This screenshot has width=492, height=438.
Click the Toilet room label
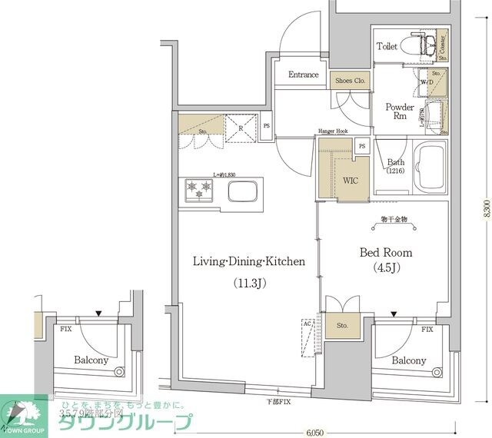click(x=387, y=46)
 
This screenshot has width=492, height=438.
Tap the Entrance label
click(x=304, y=75)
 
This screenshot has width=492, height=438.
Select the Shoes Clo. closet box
click(x=349, y=78)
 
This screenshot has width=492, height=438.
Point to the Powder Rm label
click(x=399, y=112)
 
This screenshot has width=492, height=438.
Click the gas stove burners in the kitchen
click(x=197, y=190)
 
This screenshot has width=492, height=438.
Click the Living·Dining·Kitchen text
click(x=248, y=261)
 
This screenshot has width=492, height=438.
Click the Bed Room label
click(x=386, y=252)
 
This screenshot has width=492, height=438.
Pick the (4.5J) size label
click(x=386, y=267)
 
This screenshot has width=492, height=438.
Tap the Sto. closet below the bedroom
click(x=342, y=326)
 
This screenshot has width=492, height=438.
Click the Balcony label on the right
click(x=408, y=360)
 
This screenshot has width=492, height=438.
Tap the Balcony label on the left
click(x=91, y=360)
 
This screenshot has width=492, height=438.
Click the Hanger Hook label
click(x=333, y=131)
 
